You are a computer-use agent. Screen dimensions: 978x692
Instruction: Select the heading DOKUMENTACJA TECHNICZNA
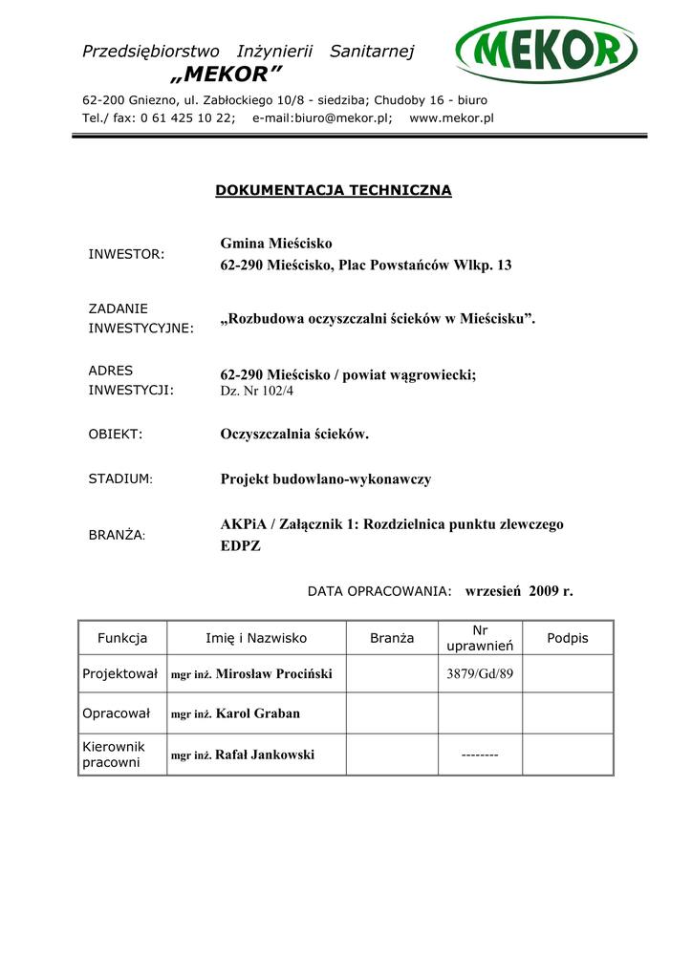[333, 190]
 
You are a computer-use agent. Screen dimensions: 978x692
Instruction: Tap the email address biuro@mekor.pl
[334, 117]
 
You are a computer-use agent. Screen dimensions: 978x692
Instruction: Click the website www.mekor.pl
[451, 117]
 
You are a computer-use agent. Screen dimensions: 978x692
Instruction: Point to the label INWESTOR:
[126, 254]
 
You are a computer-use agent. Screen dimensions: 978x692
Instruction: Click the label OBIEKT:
[115, 434]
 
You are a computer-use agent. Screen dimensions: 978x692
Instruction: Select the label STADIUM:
[120, 478]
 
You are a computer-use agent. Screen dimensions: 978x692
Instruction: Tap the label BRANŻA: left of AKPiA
[117, 536]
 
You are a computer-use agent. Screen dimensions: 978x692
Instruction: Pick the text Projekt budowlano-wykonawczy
[325, 478]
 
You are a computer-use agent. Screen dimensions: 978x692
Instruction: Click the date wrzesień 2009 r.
[519, 591]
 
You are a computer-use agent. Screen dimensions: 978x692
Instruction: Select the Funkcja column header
[122, 638]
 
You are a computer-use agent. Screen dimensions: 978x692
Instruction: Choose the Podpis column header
[567, 638]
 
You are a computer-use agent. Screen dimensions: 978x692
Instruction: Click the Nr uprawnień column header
[480, 638]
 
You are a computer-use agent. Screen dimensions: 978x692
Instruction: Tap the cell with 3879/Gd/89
[480, 673]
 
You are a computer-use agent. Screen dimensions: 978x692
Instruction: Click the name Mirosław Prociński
[274, 673]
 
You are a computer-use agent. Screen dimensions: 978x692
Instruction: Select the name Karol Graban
[258, 712]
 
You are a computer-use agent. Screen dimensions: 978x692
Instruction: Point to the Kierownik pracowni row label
[114, 755]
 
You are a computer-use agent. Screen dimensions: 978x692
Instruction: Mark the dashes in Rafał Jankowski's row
[480, 755]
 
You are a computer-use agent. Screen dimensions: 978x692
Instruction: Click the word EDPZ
[240, 546]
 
